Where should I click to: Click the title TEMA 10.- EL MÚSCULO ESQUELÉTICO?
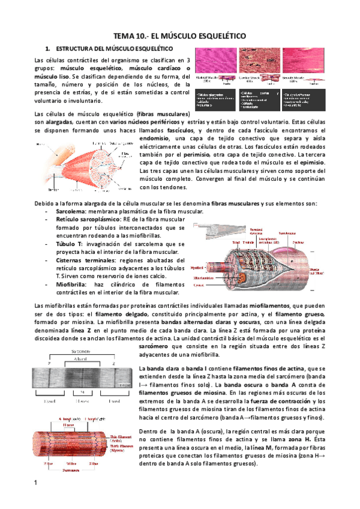(x=180, y=36)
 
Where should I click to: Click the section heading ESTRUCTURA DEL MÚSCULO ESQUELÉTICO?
(x=114, y=47)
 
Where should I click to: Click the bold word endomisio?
(x=154, y=138)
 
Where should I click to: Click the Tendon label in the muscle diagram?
(x=43, y=144)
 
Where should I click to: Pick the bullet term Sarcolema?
(x=70, y=212)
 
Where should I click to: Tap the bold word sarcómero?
(x=154, y=346)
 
